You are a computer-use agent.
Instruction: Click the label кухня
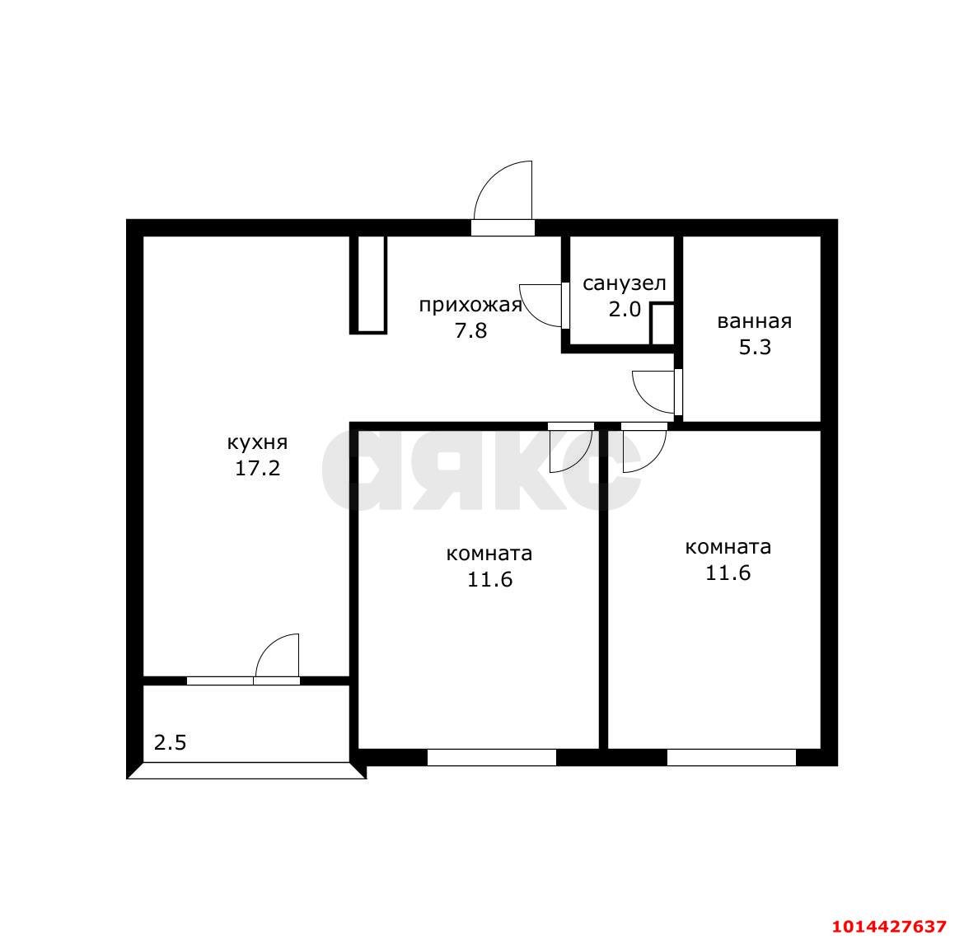[x=258, y=442]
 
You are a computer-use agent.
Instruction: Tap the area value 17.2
[x=258, y=469]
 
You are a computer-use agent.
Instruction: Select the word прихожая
[x=470, y=305]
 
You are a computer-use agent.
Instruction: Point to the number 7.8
[x=470, y=330]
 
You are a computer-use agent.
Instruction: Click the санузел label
[x=624, y=283]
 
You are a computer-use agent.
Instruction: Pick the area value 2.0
[x=625, y=309]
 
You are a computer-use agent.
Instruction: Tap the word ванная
[x=755, y=321]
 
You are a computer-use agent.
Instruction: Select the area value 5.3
[x=755, y=348]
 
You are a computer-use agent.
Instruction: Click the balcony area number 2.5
[x=170, y=742]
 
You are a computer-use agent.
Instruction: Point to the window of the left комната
[x=492, y=757]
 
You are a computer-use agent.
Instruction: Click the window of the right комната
[x=732, y=757]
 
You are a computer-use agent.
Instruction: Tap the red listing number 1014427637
[x=889, y=926]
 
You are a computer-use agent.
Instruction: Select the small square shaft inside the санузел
[x=662, y=324]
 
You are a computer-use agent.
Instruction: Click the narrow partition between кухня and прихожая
[x=368, y=285]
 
